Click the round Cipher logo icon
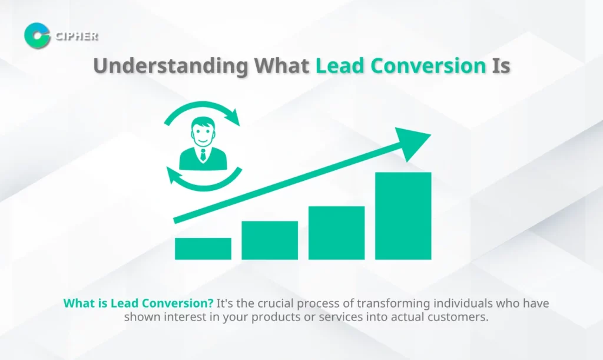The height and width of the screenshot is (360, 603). coord(37,35)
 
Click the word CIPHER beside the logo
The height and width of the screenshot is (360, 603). coord(77,36)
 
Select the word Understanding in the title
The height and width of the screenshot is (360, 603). coord(171,66)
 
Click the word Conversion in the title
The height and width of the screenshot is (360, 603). coord(429,65)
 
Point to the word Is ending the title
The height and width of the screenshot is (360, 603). coord(501,65)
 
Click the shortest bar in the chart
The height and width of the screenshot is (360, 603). coord(203,249)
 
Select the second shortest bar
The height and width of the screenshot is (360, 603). coord(270,240)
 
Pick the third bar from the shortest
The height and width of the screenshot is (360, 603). coord(336,233)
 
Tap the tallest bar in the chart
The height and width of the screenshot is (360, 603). coord(403,216)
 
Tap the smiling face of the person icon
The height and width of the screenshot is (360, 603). coord(203,133)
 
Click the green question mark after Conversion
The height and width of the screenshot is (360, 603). coord(210,303)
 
